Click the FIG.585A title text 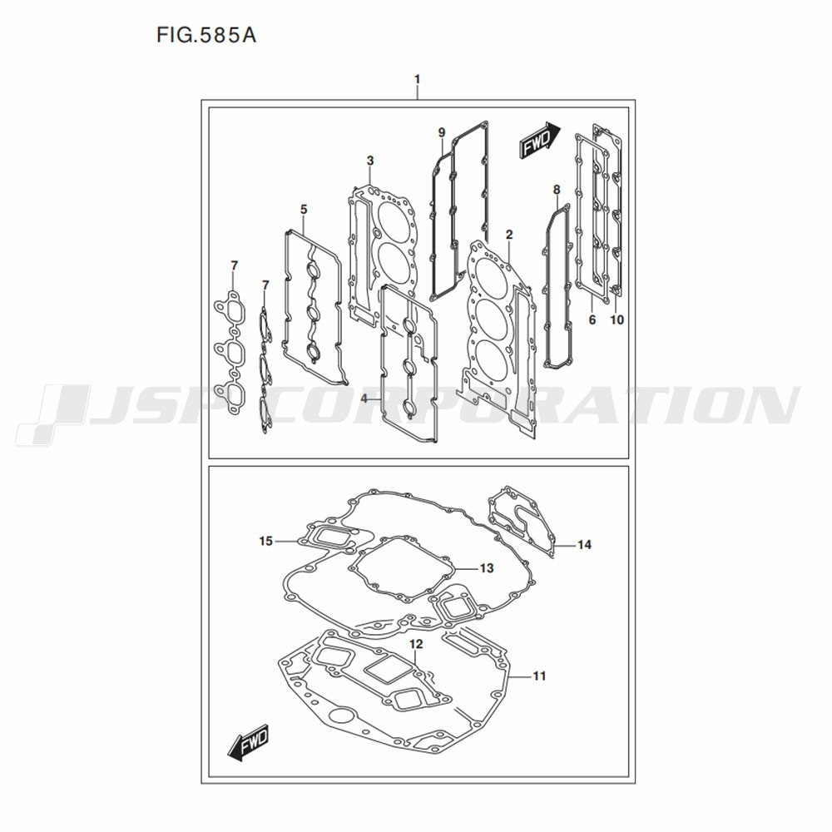point(206,35)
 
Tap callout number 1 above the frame point(417,79)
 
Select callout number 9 point(442,132)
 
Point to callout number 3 point(370,161)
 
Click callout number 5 point(304,210)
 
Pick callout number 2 point(509,235)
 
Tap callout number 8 point(556,190)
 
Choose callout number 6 point(592,319)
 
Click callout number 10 point(617,319)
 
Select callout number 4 point(364,398)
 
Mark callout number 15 point(266,541)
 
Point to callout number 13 point(487,568)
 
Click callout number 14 point(584,544)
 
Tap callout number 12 point(416,644)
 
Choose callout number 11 point(539,676)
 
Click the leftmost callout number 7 point(234,265)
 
